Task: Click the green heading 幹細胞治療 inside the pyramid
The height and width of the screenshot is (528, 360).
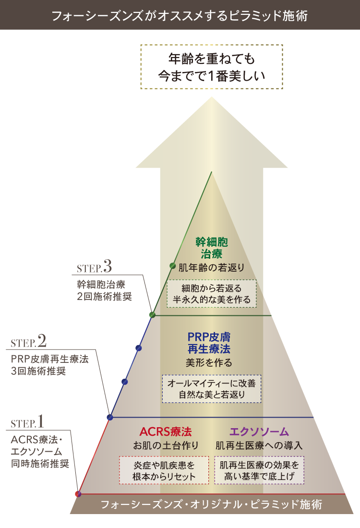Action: coord(212,248)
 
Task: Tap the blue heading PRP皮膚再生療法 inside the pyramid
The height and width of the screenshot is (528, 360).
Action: coord(209,343)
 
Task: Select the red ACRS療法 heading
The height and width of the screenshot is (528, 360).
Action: coord(166,432)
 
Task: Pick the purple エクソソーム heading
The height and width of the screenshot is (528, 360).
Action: coord(259,432)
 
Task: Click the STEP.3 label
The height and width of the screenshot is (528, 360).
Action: coord(94,267)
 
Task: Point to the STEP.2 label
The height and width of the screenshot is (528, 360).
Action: coord(29,341)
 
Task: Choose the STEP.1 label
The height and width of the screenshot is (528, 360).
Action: coord(27,421)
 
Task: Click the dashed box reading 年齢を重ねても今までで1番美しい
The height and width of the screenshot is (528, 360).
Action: coord(212,67)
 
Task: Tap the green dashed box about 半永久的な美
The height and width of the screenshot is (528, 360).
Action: coord(212,294)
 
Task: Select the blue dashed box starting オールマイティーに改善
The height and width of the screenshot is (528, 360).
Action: coord(212,389)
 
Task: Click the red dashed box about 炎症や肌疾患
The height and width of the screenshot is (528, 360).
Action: coord(164,470)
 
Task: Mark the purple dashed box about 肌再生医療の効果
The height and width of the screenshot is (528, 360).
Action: coord(259,470)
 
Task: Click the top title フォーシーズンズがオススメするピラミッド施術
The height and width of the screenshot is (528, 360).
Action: coord(180,15)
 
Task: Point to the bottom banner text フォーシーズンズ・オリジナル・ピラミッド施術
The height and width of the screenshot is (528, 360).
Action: coord(212,504)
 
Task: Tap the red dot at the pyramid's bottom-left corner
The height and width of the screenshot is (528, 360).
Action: coord(78,494)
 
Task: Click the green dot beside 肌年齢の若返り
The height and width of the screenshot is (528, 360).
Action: coord(172,266)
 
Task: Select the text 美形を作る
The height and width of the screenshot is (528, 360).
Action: coord(209,363)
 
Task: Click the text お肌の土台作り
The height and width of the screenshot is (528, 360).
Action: coord(166,445)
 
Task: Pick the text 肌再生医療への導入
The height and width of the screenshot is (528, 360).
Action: coord(259,445)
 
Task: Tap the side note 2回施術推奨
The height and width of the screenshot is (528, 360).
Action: coord(104,297)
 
